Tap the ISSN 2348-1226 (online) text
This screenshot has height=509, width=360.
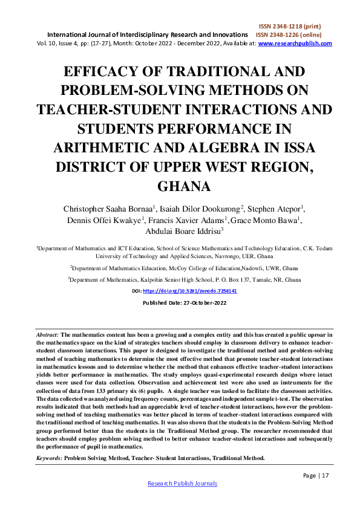[294, 35]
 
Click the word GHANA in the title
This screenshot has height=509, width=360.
[180, 185]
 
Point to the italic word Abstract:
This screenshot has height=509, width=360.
[48, 334]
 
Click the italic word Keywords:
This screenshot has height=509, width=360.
[49, 459]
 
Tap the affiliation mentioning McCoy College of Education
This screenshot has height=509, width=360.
[180, 267]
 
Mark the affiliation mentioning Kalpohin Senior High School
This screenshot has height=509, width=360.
[180, 280]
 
